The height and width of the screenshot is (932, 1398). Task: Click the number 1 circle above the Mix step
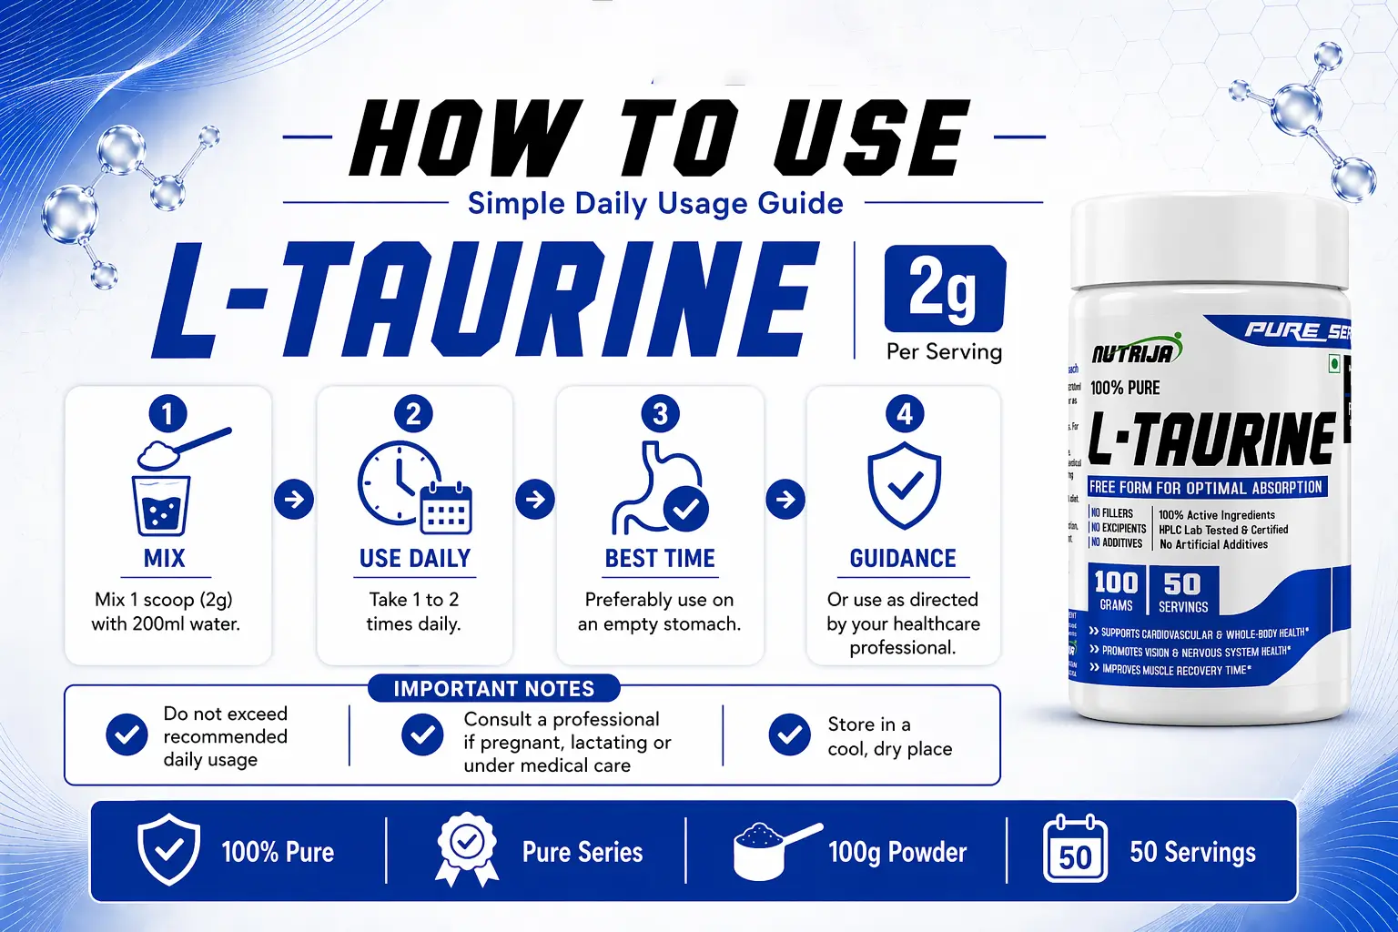coord(167,414)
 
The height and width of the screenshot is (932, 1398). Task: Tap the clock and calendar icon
coord(414,487)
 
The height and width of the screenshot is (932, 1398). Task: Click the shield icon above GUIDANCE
coord(904,485)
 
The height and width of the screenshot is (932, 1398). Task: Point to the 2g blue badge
coord(945,289)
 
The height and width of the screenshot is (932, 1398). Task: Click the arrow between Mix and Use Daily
coord(294,499)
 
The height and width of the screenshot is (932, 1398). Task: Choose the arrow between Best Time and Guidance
coord(785,499)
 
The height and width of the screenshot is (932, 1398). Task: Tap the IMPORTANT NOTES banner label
coord(493,689)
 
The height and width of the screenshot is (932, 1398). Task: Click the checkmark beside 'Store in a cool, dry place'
coord(789,734)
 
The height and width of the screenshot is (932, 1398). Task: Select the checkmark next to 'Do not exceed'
coord(127,734)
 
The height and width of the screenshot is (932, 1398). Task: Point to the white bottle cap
coord(1209,242)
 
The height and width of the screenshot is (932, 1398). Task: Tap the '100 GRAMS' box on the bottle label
coord(1116,590)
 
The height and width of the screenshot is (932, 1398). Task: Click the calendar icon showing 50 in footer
coord(1075,850)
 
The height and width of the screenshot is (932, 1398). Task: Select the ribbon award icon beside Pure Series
coord(467,849)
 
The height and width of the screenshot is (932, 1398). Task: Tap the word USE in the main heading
coord(870,138)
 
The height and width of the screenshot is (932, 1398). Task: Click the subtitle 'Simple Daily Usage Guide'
coord(655,203)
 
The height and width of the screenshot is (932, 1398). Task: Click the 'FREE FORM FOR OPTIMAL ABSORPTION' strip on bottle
coord(1206,487)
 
